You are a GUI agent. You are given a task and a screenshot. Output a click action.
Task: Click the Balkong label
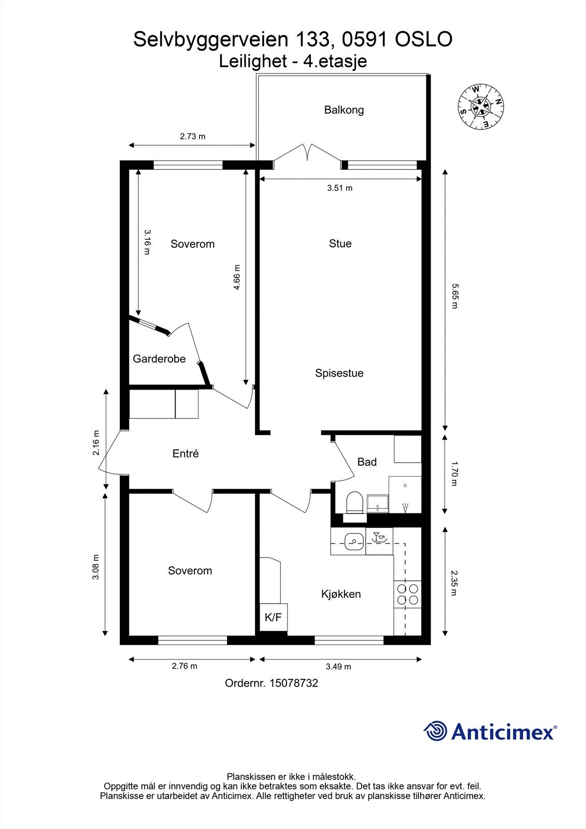coord(344,110)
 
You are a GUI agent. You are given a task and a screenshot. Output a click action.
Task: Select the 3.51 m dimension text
coord(339,188)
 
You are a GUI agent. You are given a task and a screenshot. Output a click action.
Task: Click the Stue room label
coord(340,244)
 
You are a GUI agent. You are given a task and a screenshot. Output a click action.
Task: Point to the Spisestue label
coord(339,373)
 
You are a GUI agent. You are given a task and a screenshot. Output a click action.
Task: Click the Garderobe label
coord(159,359)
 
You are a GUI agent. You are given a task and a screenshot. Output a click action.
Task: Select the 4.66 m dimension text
coord(237,278)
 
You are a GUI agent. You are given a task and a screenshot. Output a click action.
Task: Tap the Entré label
coord(185,454)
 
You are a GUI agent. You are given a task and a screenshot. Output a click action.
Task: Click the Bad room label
coord(367,462)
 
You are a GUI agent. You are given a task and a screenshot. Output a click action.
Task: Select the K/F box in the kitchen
coord(273,617)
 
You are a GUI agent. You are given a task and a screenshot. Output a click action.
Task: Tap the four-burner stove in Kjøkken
coord(407,594)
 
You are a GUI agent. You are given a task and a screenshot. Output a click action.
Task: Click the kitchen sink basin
coord(353,542)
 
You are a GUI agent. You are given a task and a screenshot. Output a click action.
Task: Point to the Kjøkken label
coord(341,594)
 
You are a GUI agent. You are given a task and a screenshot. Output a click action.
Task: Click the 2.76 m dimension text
coord(184,666)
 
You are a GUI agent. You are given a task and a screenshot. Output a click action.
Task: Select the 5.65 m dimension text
coord(454,296)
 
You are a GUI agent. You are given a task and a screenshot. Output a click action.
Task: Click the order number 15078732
coord(293,683)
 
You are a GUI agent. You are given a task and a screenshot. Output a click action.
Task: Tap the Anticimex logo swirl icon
coord(435,731)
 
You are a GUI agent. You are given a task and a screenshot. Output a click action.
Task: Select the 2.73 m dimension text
coord(192,137)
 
